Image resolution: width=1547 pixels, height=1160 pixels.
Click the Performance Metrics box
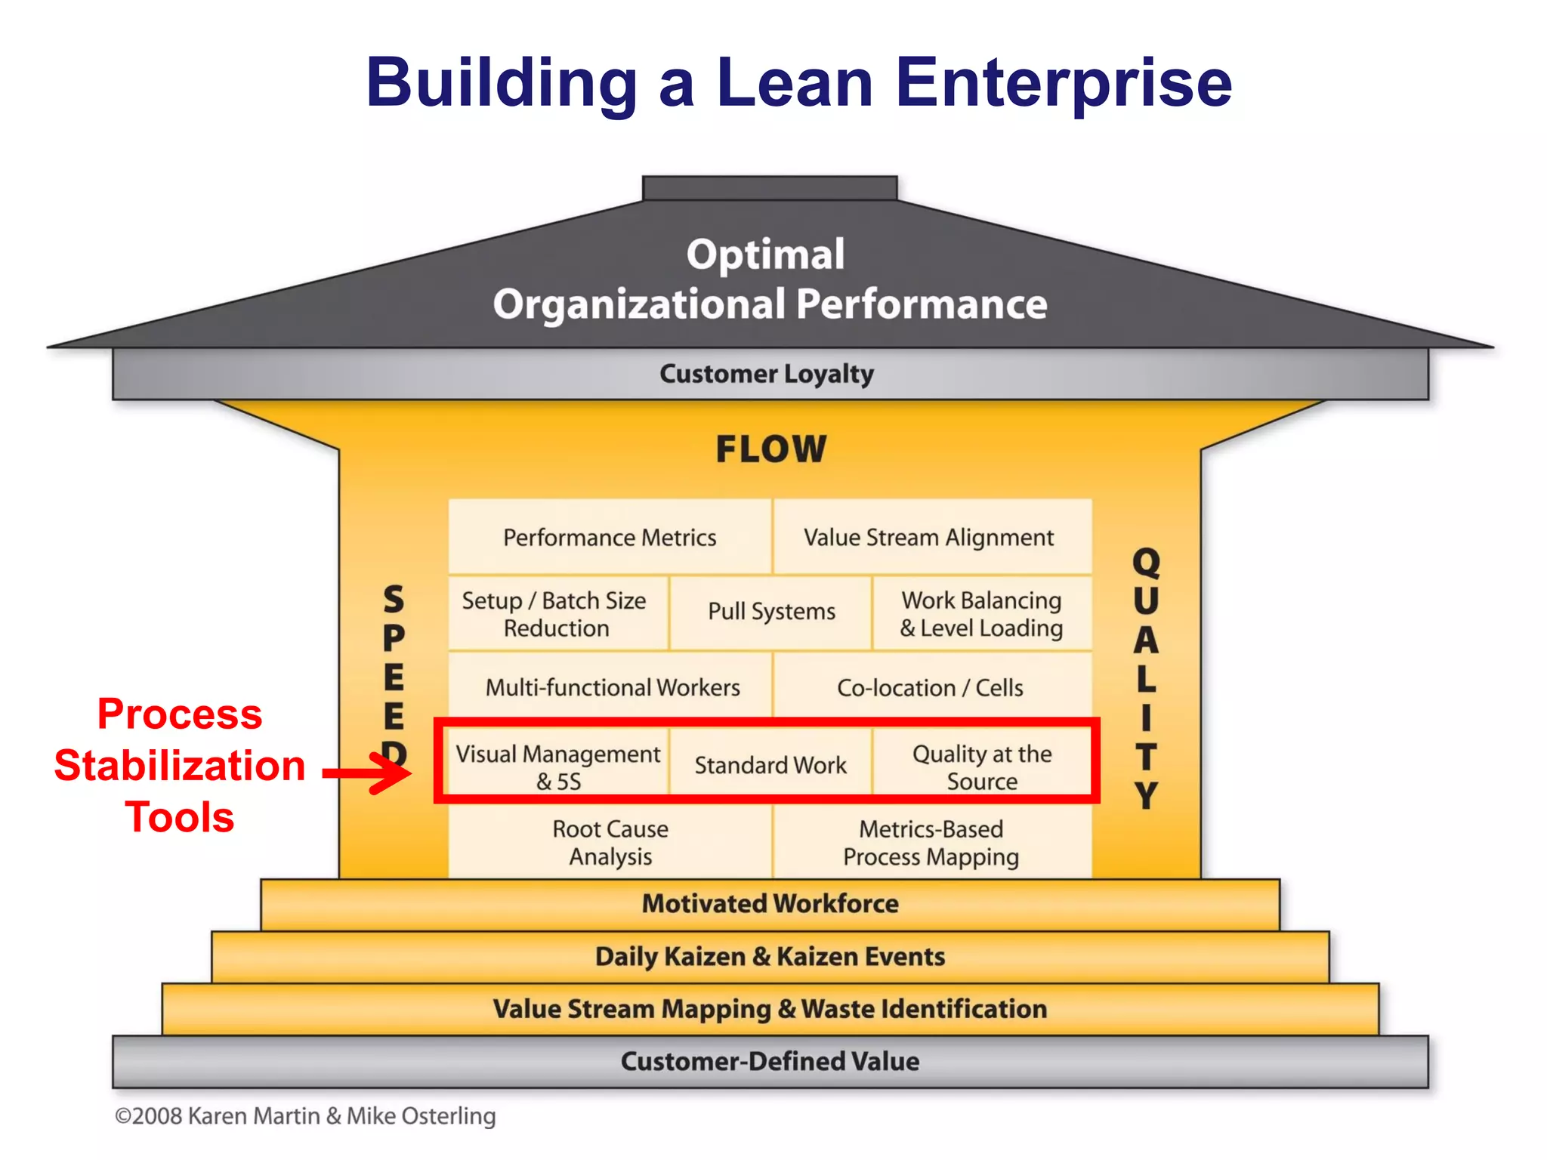pos(610,537)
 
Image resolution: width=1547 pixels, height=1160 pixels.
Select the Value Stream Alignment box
pos(928,537)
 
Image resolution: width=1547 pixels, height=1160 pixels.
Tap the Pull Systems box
pos(771,611)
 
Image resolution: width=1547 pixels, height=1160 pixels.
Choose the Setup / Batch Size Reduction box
pos(555,614)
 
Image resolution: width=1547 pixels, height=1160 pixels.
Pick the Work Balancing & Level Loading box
pos(981,614)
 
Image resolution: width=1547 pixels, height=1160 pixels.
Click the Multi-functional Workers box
pos(612,687)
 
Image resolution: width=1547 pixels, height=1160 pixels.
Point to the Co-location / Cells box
pos(930,687)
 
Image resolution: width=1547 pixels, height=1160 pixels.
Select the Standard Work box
pos(770,765)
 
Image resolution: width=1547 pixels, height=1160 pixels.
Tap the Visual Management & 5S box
pos(557,767)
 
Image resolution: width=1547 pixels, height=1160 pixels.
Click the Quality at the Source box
pos(982,767)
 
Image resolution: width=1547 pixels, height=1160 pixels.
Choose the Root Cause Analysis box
pos(610,843)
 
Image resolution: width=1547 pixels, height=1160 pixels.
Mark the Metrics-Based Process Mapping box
pos(931,843)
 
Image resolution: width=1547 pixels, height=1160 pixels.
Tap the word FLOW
pos(771,449)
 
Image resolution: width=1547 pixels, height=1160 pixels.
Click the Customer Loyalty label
pos(767,374)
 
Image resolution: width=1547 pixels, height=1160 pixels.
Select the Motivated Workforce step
pos(770,904)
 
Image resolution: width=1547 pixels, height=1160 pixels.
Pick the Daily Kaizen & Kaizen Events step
pos(770,957)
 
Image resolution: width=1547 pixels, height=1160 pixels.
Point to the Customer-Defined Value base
pos(770,1061)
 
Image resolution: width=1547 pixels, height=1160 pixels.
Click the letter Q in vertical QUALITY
pos(1146,562)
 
